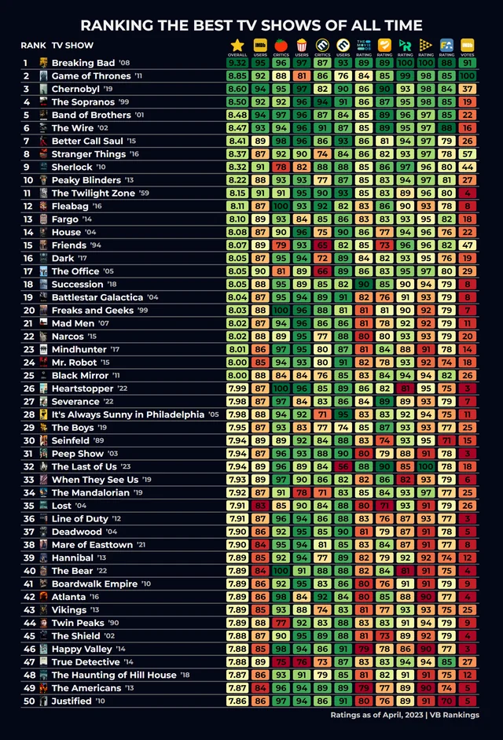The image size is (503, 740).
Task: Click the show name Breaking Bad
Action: click(x=83, y=63)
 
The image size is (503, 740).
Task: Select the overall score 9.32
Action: click(x=237, y=63)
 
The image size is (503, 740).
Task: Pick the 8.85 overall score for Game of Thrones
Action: click(x=237, y=75)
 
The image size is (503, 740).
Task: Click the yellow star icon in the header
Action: click(x=237, y=46)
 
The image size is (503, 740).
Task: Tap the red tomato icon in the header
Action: click(x=281, y=46)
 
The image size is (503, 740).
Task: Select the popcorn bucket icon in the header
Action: click(x=301, y=46)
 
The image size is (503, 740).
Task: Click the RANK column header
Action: click(x=33, y=45)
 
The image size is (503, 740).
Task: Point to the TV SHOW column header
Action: click(x=72, y=45)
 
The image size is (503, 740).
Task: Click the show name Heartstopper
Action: click(x=83, y=388)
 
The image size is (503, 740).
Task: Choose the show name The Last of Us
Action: click(x=84, y=466)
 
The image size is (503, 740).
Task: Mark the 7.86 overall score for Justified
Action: click(x=237, y=701)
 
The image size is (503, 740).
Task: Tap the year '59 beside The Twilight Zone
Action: click(x=144, y=193)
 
